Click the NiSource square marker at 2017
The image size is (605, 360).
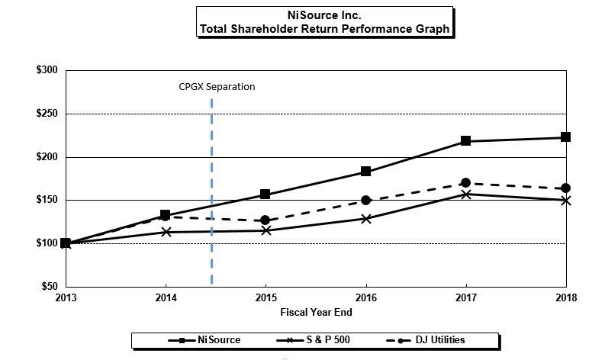point(465,141)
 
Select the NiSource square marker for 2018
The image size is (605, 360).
point(565,137)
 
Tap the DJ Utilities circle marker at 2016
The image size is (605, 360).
point(365,200)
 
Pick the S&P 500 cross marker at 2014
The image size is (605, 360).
point(166,231)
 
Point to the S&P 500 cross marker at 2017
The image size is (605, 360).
point(465,194)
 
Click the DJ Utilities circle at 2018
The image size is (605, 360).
point(565,188)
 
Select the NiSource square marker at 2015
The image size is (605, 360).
point(265,194)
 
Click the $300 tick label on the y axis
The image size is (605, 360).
point(47,70)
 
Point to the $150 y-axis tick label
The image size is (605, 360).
point(47,200)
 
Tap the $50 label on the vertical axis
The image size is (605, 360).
point(50,286)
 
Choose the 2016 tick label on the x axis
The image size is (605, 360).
point(365,297)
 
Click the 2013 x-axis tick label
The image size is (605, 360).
point(66,297)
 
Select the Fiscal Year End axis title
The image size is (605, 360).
point(315,311)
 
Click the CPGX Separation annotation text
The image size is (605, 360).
point(217,86)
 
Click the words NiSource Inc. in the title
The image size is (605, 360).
point(323,14)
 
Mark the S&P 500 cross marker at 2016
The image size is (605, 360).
point(365,218)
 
